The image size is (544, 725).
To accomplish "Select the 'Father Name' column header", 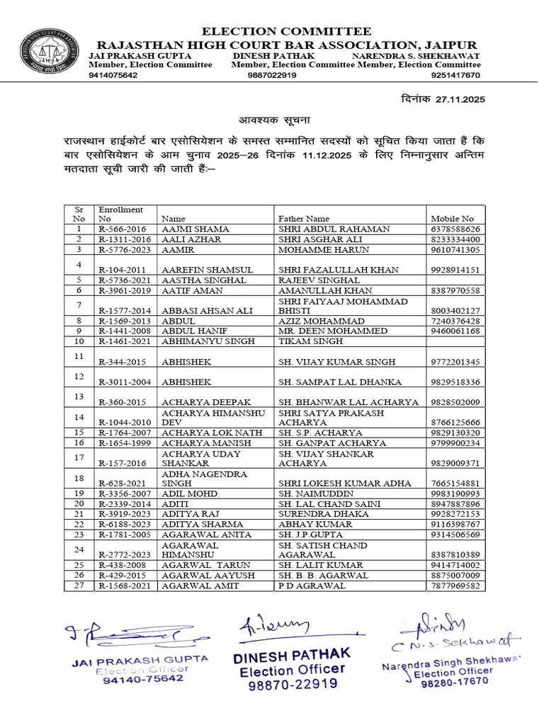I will tap(303, 219).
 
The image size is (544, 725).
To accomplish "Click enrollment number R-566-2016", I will tap(123, 229).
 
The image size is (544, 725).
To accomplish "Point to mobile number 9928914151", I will tap(455, 270).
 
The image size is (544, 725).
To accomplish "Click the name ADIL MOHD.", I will tap(191, 493).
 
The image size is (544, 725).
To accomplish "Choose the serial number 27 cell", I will tap(79, 586).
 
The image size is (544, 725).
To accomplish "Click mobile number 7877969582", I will tap(455, 586).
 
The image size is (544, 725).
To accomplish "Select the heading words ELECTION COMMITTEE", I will tap(286, 31).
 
